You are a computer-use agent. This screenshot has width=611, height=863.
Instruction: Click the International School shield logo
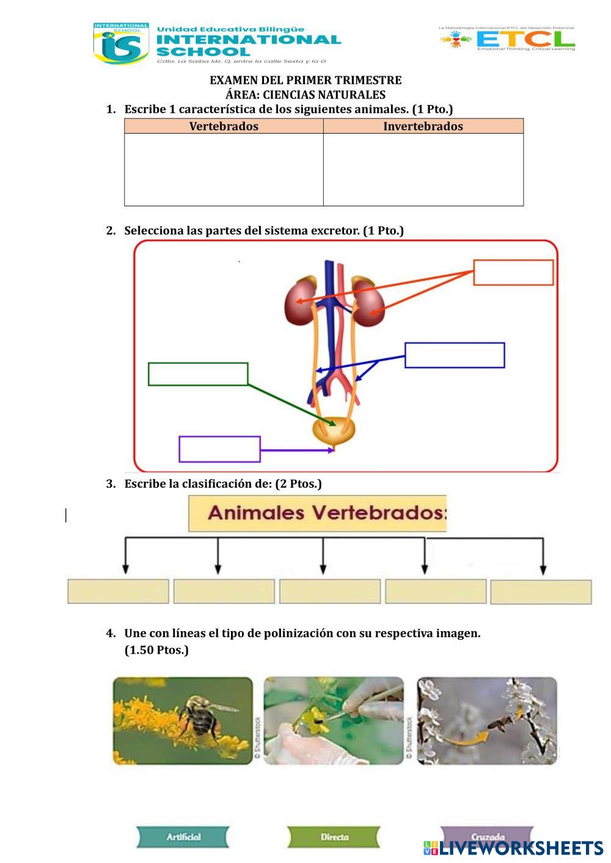tap(120, 43)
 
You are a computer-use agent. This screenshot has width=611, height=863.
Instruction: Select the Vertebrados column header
tap(224, 126)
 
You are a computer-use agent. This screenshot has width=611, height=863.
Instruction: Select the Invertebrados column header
tap(423, 126)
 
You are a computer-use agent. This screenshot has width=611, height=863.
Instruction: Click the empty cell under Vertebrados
tap(224, 169)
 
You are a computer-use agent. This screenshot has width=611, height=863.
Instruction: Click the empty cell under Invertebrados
tap(423, 169)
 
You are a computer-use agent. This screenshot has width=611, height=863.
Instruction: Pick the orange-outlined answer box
tap(513, 272)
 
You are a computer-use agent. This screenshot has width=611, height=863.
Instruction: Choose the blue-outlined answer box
tap(455, 355)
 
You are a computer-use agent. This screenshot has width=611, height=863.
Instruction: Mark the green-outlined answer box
tap(198, 374)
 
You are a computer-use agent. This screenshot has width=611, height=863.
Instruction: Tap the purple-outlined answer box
tap(219, 449)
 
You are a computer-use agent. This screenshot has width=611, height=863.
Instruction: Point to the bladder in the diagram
tap(334, 430)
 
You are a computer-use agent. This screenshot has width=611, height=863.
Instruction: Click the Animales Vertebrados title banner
tap(317, 513)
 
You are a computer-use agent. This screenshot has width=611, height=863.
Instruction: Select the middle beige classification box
tap(330, 591)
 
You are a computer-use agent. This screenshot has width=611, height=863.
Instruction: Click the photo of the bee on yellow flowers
tap(183, 720)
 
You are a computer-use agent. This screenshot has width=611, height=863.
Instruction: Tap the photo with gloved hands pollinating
tap(334, 720)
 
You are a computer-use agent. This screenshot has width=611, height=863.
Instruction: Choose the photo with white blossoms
tap(487, 720)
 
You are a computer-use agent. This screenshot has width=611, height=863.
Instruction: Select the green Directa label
tap(334, 837)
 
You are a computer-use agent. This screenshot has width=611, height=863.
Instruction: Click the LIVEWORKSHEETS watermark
tap(513, 848)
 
